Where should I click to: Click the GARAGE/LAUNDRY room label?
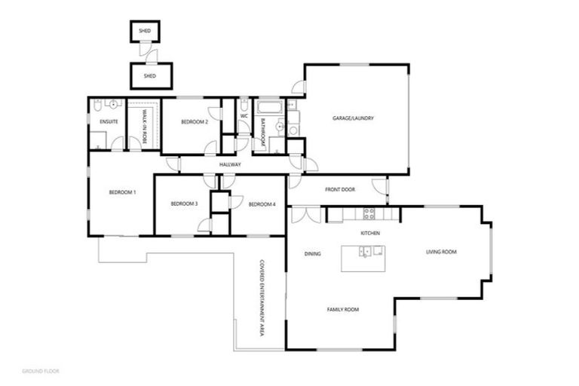[x=354, y=118]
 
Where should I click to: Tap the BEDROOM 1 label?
[x=122, y=193]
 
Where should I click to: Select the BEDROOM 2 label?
[x=195, y=122]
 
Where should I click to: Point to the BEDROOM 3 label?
[x=184, y=204]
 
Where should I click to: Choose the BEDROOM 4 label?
[x=262, y=204]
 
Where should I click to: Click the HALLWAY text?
[x=230, y=164]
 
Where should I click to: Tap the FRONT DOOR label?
[x=340, y=190]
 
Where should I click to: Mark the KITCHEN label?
[x=369, y=234]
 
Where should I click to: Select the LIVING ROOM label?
[x=441, y=252]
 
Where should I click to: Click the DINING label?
[x=312, y=254]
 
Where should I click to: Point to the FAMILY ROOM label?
[x=342, y=310]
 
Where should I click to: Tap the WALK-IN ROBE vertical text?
[x=144, y=124]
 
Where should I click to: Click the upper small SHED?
[x=145, y=31]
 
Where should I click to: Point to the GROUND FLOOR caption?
[x=41, y=371]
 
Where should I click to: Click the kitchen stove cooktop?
[x=369, y=213]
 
